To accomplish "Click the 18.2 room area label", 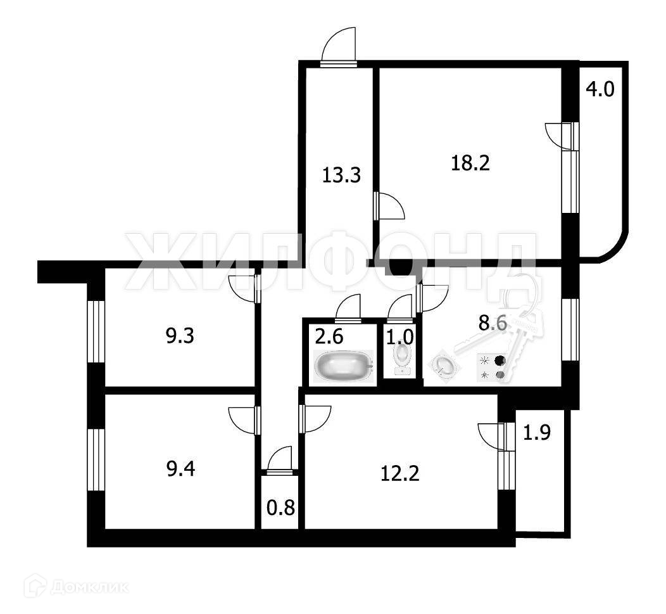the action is point(470,163).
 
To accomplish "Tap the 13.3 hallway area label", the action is point(341,174).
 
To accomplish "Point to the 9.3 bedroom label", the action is point(180,336).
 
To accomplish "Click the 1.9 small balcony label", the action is point(537,433).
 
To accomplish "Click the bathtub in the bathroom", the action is point(342,368).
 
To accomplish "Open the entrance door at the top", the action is point(339,48).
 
